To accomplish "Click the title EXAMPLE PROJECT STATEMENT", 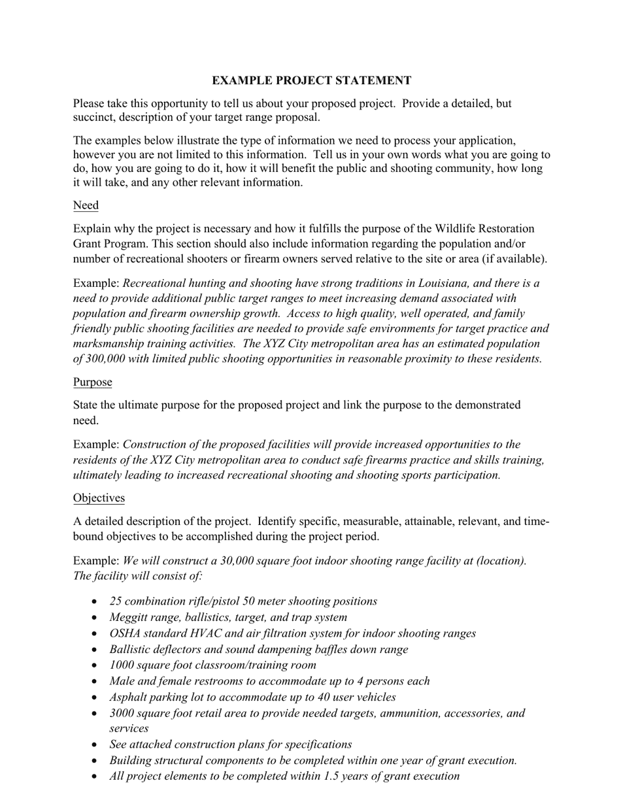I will [311, 80].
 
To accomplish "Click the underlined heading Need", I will [86, 205].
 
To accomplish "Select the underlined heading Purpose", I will [92, 382].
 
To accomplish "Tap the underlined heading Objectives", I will [99, 498].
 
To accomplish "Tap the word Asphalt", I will [129, 697].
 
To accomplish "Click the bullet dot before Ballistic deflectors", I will [96, 650].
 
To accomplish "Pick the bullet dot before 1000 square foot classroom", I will [96, 665].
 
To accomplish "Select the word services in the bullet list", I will [129, 728].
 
